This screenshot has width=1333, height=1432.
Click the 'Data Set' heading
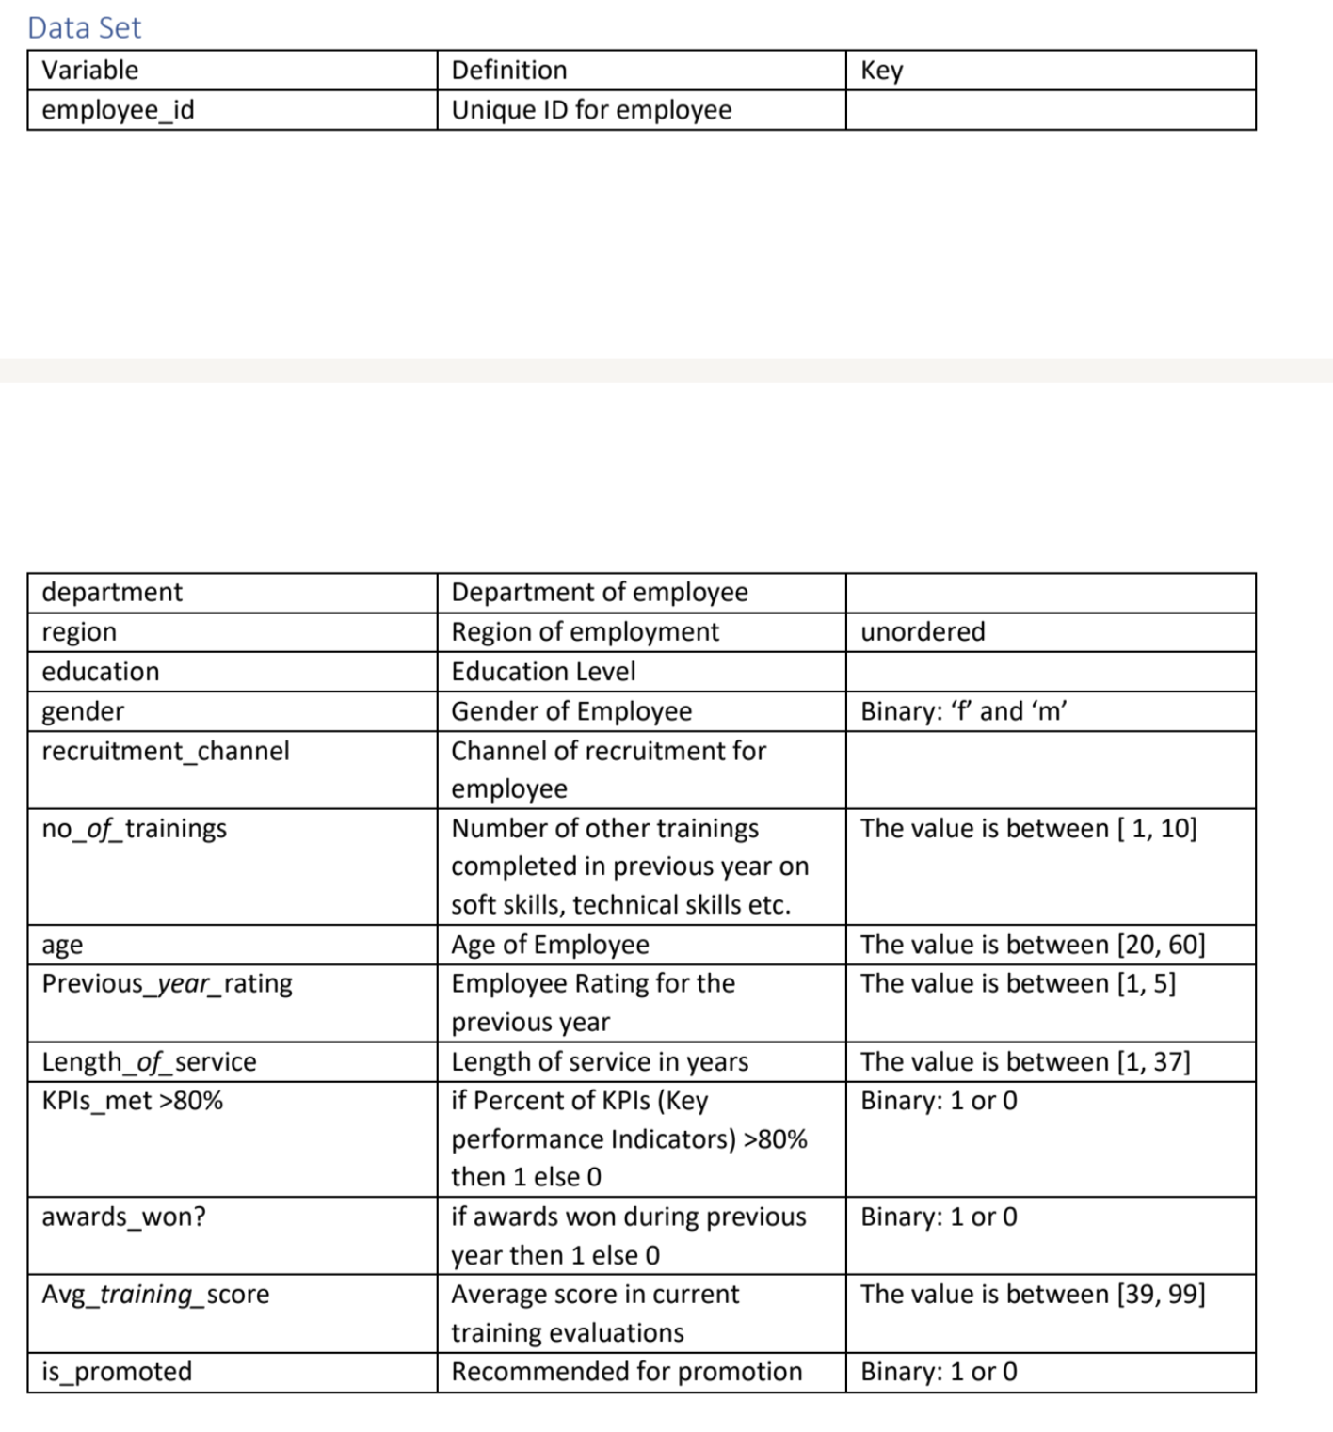(x=84, y=27)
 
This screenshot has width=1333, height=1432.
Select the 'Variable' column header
(x=90, y=71)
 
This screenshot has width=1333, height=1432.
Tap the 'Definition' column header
(x=509, y=71)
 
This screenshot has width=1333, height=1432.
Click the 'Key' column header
(x=882, y=71)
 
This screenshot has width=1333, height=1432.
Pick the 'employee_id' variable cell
(x=119, y=110)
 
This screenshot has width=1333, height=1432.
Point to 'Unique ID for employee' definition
(x=591, y=110)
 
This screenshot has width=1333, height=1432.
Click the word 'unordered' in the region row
(x=923, y=631)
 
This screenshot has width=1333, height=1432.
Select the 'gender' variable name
(x=83, y=711)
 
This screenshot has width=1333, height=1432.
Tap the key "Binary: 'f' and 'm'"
(x=964, y=711)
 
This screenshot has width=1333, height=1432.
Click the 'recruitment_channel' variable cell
(x=166, y=751)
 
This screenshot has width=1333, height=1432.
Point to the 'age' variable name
(x=62, y=945)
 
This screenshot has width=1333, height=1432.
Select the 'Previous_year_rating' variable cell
(x=167, y=984)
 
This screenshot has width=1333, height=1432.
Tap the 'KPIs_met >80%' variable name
(x=133, y=1101)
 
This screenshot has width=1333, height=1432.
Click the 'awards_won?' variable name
(x=123, y=1217)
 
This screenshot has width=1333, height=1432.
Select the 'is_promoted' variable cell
(x=117, y=1372)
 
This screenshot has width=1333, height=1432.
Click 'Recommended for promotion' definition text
(x=627, y=1372)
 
